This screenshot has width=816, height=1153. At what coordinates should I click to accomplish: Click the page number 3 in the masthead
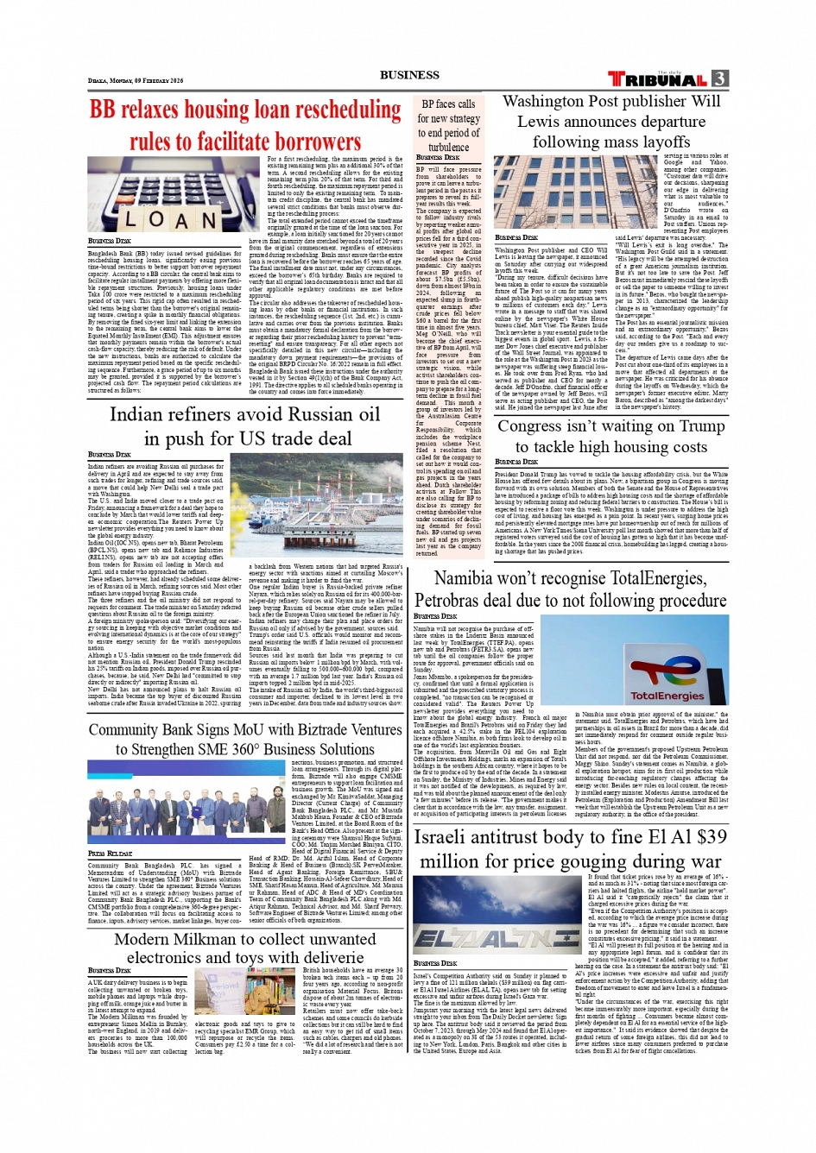pos(720,79)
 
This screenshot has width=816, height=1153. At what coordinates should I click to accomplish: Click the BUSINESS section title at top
pos(409,75)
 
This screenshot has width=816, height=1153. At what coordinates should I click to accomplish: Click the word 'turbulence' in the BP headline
pos(449,148)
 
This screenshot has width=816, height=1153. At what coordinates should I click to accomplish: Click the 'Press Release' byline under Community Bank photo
pos(110,854)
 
